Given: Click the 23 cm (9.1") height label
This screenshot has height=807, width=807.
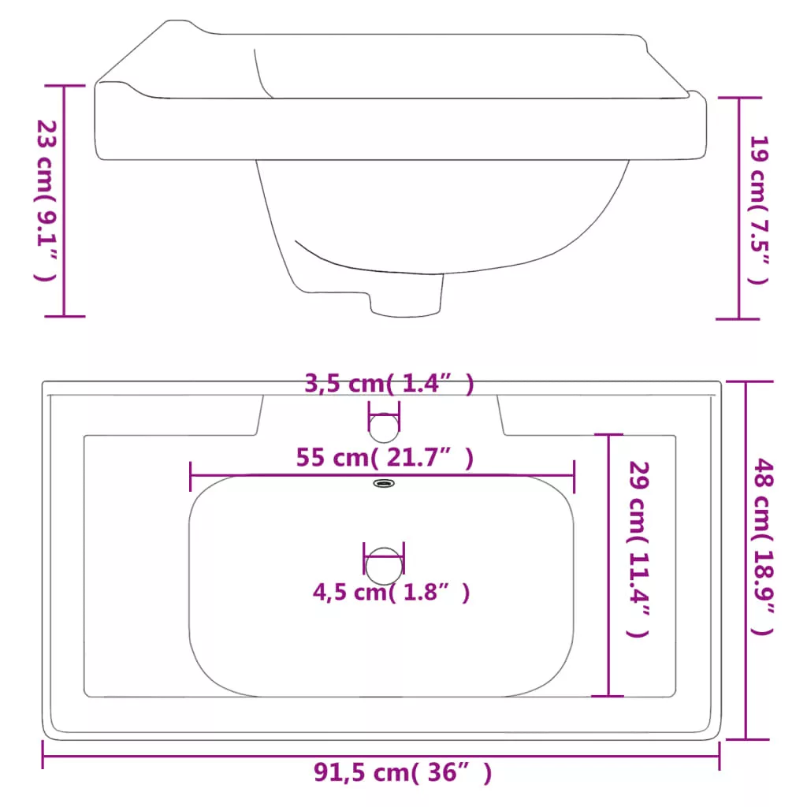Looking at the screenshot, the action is coord(46,201).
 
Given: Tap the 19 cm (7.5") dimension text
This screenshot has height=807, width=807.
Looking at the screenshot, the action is coord(759,210).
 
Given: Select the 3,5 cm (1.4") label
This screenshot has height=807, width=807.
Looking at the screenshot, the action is coord(389,384).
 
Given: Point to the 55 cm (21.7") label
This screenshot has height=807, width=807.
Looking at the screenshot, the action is coord(385,458).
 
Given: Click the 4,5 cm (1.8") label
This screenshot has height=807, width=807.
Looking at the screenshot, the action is coord(391,593).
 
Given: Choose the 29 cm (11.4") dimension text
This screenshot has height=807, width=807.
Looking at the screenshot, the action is coord(638,549).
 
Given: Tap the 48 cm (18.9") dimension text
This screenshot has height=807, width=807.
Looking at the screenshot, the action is coord(763,547).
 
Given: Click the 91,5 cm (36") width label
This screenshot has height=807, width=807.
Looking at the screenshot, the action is coord(403,772).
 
